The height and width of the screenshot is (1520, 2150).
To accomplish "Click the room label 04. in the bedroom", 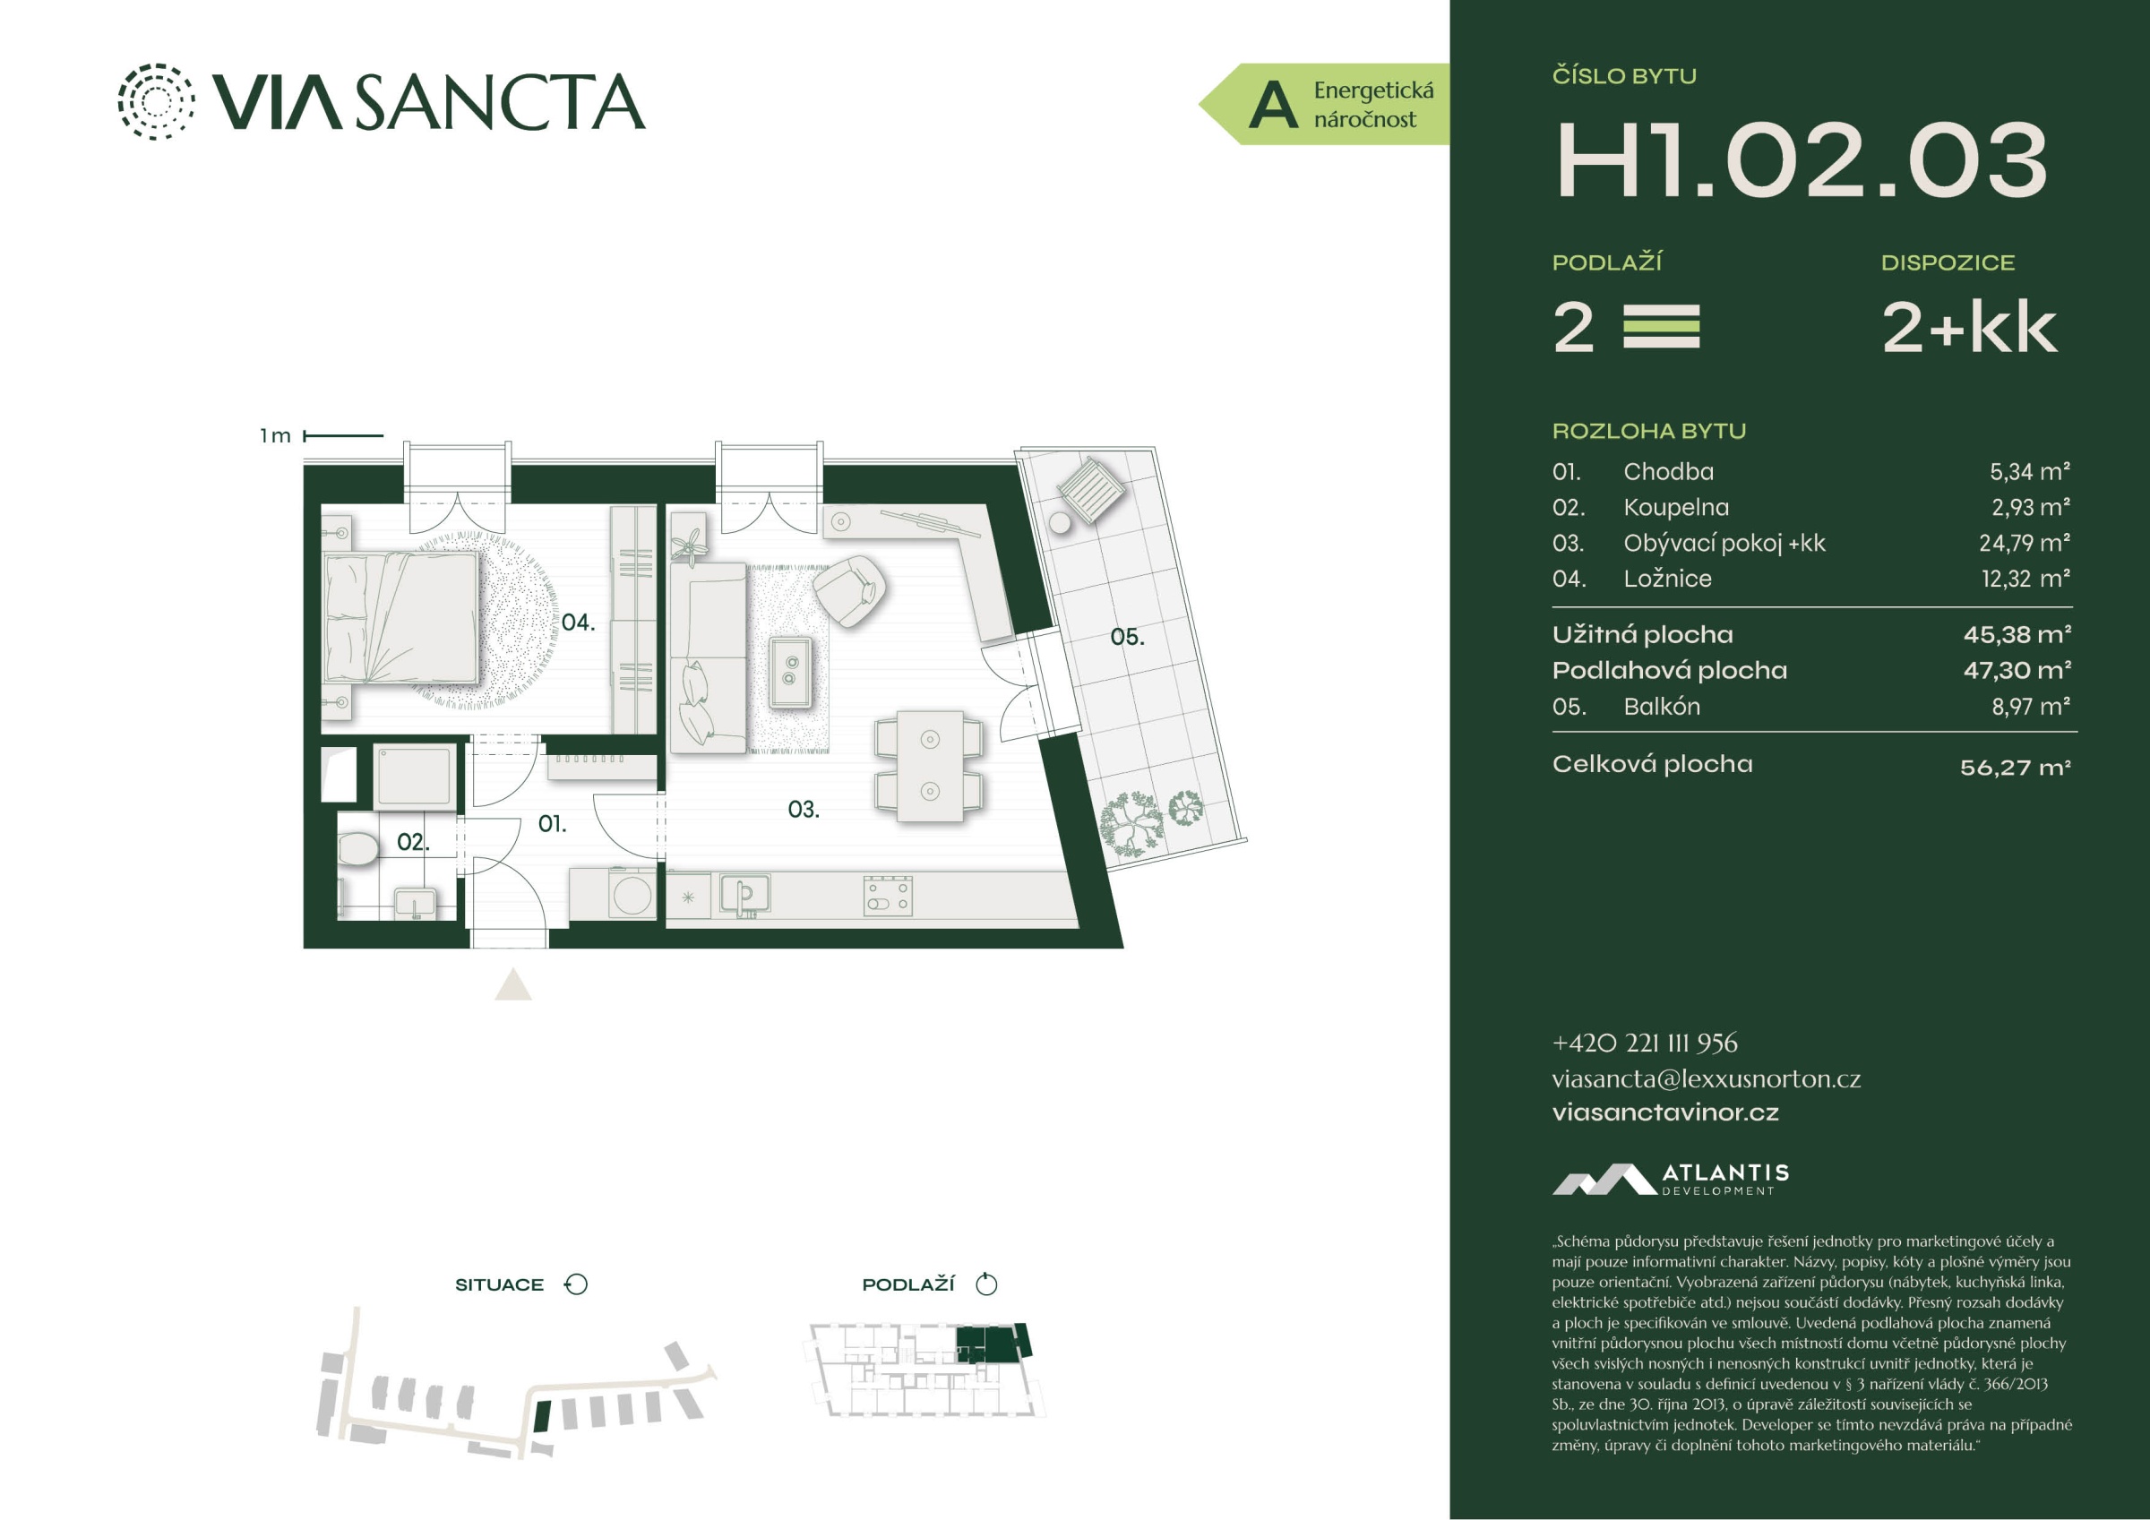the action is (578, 622).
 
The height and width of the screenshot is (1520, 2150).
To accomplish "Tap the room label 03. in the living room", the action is (804, 809).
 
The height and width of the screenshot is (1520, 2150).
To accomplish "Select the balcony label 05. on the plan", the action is (1126, 637).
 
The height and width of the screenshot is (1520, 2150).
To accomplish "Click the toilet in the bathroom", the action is (357, 848).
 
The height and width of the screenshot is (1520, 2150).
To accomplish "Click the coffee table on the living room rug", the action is (790, 672).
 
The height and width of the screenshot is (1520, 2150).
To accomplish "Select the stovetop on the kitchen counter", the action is (888, 896).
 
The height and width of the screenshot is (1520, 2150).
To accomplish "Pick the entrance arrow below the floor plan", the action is (513, 985).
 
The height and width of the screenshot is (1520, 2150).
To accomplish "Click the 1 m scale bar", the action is (344, 435).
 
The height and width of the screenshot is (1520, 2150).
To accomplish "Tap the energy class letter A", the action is (1273, 104).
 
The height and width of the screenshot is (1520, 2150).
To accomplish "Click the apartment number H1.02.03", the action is (1802, 160).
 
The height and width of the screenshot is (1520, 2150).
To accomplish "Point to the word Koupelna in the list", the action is (1676, 507).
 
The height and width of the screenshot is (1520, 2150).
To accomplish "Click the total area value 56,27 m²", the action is (2015, 768).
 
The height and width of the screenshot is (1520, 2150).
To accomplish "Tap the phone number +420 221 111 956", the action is (1645, 1043).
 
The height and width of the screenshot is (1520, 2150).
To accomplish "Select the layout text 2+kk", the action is (1969, 327).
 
